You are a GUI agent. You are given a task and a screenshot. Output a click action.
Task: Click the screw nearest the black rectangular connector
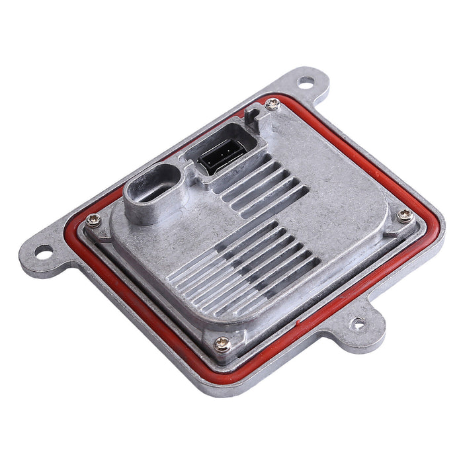(272, 103)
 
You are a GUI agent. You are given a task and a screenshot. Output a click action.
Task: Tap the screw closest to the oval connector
(94, 220)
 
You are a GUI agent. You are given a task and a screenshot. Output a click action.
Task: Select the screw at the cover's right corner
(405, 214)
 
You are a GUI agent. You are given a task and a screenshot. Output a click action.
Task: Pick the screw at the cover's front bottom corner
(223, 343)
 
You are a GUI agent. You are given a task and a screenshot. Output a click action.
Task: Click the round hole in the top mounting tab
(306, 82)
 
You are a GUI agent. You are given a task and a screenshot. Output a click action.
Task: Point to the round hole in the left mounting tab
(42, 251)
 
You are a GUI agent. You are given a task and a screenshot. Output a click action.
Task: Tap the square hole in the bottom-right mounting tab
(358, 323)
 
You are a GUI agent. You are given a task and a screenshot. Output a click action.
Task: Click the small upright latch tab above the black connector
(249, 117)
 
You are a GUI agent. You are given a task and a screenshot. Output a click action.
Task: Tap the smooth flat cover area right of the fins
(344, 198)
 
